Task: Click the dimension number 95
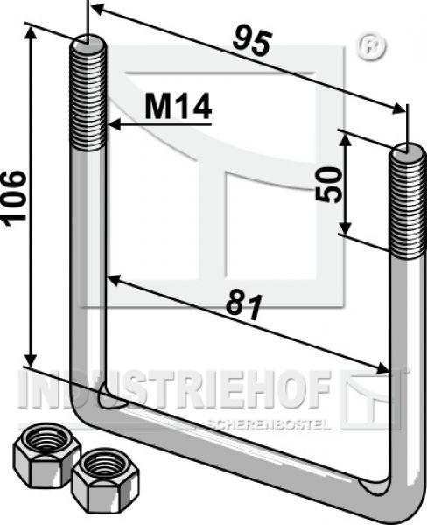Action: (x=251, y=43)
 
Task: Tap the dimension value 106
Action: (x=14, y=198)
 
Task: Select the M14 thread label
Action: (x=178, y=106)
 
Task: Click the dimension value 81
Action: (x=244, y=306)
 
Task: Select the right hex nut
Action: (x=106, y=481)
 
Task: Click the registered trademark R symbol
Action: (x=371, y=46)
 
